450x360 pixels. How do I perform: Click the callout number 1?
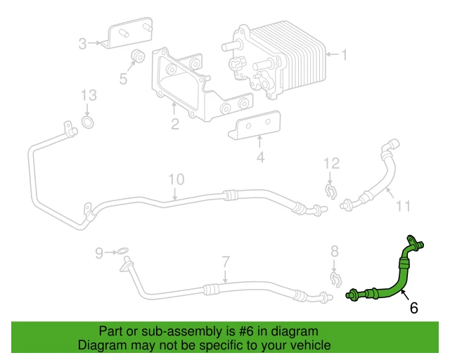click(x=345, y=53)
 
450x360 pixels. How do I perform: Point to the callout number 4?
click(x=260, y=157)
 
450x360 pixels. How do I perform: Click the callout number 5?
click(x=124, y=78)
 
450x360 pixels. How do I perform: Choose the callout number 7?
click(x=226, y=262)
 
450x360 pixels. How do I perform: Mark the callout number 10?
click(x=175, y=179)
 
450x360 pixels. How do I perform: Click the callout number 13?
click(x=87, y=95)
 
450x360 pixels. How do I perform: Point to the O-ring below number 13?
click(x=88, y=124)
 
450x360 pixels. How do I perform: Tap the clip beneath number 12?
click(x=330, y=191)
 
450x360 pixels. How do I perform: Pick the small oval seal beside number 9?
click(x=122, y=251)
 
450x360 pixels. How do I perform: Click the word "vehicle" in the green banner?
click(x=306, y=346)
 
